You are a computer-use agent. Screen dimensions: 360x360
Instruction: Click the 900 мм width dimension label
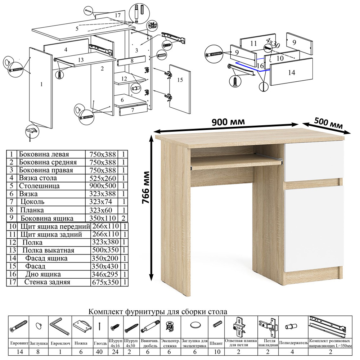tap(228, 122)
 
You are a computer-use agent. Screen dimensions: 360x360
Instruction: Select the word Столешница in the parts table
tap(39, 186)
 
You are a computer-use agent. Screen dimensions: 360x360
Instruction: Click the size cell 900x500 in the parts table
tap(103, 186)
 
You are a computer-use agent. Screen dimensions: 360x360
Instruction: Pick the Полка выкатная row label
tap(48, 250)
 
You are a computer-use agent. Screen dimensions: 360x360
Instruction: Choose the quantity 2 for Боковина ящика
tap(123, 218)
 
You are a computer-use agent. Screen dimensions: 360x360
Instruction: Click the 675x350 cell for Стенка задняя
tap(105, 282)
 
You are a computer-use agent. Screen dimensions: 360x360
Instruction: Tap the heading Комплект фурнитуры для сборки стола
tap(158, 311)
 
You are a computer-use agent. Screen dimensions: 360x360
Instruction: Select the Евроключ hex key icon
tap(59, 326)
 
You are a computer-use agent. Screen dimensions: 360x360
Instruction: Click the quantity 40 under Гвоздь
tap(99, 352)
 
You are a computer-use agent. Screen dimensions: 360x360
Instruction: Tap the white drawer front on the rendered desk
tap(314, 161)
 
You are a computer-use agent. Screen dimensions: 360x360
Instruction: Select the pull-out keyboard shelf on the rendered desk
tap(236, 161)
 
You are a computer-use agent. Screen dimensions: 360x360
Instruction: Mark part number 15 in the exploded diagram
tap(180, 80)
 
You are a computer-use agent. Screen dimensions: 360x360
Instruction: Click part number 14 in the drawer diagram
tap(292, 73)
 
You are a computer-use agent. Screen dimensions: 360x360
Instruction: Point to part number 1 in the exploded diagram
tap(41, 84)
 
